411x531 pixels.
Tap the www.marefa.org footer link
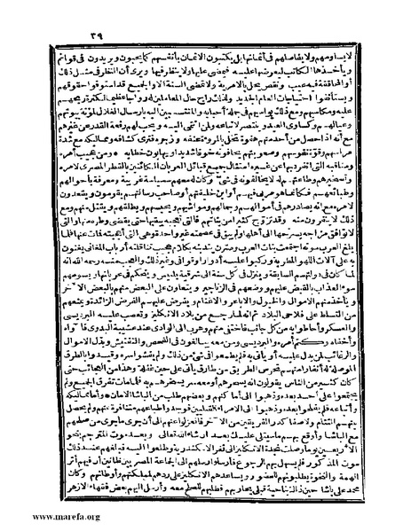point(42,516)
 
